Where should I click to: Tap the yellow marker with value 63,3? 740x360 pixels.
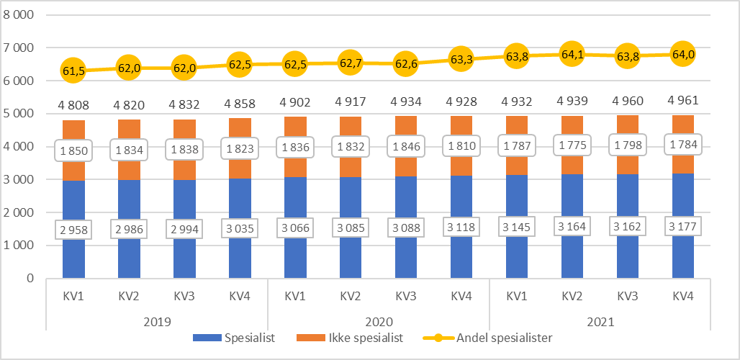pos(460,59)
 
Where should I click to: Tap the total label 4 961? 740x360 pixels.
pos(682,99)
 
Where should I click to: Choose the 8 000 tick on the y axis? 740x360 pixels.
pos(24,14)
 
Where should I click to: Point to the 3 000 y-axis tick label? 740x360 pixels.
pos(24,179)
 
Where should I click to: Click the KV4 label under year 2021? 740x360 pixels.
pos(682,295)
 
